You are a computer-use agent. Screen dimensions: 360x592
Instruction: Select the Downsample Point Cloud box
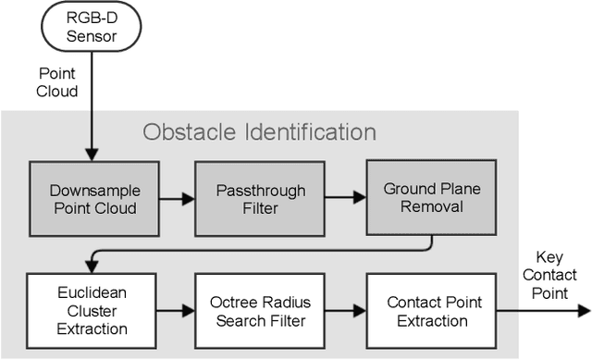(92, 198)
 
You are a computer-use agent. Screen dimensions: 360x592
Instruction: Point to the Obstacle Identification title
(259, 131)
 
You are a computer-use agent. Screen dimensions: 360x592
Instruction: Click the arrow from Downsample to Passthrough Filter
(175, 199)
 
